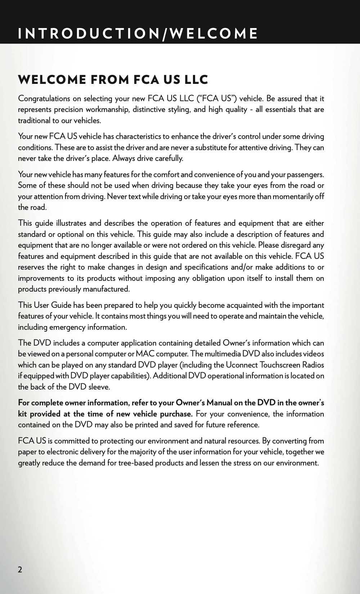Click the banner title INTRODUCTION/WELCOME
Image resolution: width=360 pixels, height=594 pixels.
click(x=138, y=33)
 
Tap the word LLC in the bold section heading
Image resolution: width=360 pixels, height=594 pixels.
click(x=196, y=80)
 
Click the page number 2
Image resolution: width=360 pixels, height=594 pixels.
click(x=20, y=570)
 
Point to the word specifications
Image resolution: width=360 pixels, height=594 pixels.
click(x=208, y=267)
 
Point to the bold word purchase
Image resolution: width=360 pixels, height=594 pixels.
click(x=176, y=414)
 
